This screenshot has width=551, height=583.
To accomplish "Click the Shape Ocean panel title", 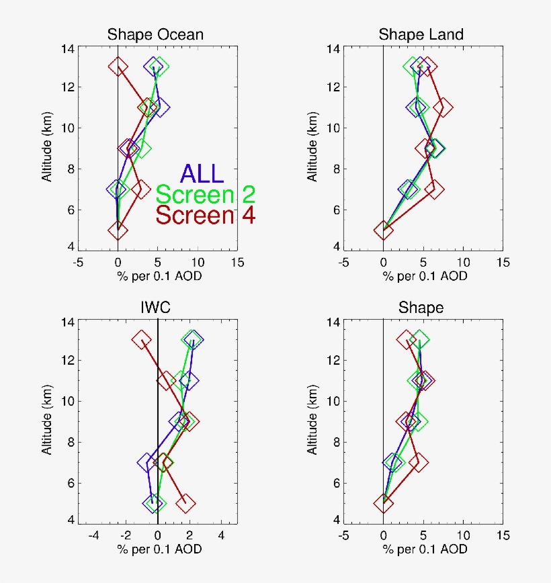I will [156, 34].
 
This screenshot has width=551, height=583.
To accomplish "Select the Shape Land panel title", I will [421, 34].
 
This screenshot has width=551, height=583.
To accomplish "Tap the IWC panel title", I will [156, 308].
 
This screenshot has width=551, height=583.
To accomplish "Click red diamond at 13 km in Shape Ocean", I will [118, 66].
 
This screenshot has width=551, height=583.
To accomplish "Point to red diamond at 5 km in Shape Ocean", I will [118, 230].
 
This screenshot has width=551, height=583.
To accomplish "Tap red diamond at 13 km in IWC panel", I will [142, 340].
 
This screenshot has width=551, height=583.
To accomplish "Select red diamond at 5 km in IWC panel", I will [185, 502].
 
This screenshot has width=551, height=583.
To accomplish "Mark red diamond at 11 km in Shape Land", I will [442, 107].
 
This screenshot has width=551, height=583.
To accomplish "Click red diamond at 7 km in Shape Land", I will [434, 189].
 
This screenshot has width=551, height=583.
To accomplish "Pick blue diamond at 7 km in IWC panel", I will [147, 462].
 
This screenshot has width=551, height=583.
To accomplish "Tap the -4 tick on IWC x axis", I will [93, 537].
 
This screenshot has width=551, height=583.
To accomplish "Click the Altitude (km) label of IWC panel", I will [48, 420].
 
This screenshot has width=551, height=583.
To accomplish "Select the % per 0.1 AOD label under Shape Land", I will [421, 276].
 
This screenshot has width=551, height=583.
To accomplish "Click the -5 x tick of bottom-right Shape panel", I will [343, 537].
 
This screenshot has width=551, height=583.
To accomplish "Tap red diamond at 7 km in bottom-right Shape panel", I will [419, 462].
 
